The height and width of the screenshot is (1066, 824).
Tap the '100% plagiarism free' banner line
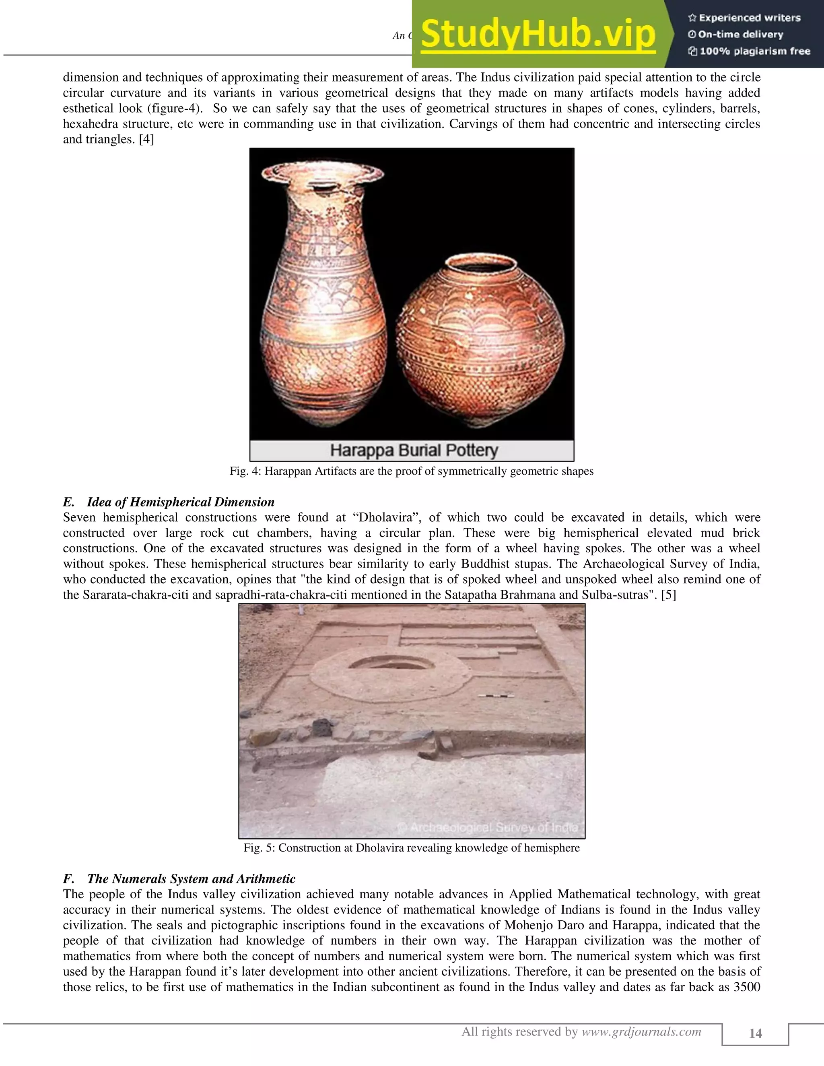tap(749, 51)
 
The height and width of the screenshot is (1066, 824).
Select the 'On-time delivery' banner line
tap(735, 35)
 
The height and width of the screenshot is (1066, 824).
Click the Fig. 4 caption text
tap(412, 471)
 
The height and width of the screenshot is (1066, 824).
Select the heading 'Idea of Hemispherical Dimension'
tap(181, 502)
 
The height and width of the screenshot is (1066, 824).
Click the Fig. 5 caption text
tap(412, 848)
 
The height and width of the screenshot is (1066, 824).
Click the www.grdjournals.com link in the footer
tap(641, 1032)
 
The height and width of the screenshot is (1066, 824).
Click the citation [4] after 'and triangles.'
tap(146, 140)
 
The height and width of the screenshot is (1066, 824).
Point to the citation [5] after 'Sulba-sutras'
tap(668, 595)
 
